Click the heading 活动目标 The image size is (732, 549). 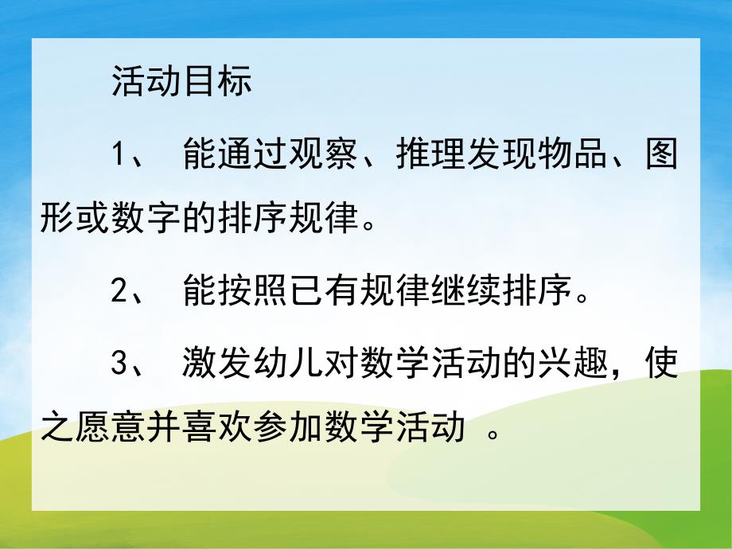[x=182, y=83]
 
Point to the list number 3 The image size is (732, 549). [x=120, y=365]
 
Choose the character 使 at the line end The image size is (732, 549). [x=660, y=365]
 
